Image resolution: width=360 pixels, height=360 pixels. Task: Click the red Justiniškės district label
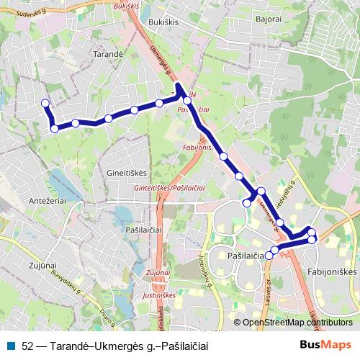pos(156,294)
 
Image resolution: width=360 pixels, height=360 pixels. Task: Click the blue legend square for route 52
pos(11,346)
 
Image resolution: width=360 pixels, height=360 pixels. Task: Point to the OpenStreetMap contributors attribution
pos(297,323)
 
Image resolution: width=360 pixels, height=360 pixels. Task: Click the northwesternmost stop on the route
pos(45,103)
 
